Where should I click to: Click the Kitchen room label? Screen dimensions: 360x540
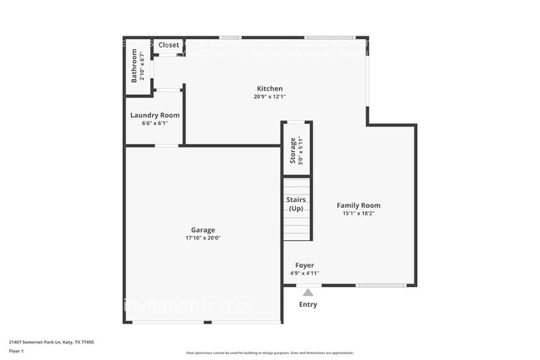coord(269,89)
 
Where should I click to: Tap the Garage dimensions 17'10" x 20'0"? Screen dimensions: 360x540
coord(203,238)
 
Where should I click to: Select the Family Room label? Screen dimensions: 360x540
coord(358,205)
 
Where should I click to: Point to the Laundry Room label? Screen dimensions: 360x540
coord(155,115)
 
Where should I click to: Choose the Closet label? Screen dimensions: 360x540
coord(169,45)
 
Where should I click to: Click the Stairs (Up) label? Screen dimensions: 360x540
coord(296,204)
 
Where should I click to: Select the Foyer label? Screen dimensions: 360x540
coord(304,265)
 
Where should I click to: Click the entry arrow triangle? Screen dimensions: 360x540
coord(308,292)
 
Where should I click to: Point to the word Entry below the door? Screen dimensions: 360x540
coord(307,304)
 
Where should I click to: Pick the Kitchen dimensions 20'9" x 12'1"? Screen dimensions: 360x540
coord(269,97)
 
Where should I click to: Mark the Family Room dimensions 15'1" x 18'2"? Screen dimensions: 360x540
coord(358,214)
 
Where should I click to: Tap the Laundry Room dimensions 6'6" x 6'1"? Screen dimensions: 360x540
coord(155,123)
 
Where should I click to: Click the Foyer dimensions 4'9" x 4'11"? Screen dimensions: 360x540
coord(304,274)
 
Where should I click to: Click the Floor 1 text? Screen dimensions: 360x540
coord(17,351)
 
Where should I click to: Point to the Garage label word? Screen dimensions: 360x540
coord(203,229)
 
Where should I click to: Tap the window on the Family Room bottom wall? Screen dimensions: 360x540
coord(381,286)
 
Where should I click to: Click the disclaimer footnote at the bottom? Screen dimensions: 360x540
coord(269,353)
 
